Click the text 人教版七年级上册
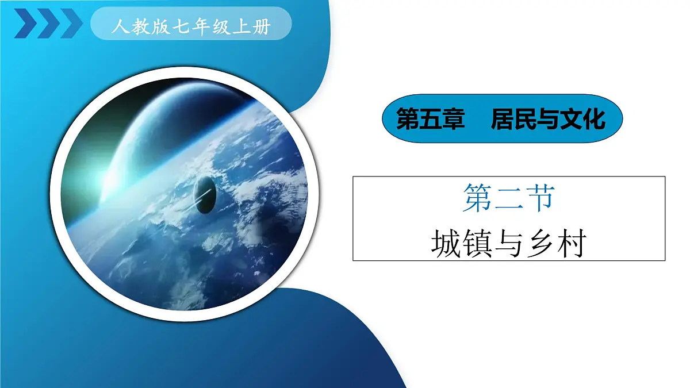pyautogui.click(x=191, y=26)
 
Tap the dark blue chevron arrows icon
pyautogui.click(x=48, y=24)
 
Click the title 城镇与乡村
pyautogui.click(x=508, y=243)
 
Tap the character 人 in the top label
pyautogui.click(x=119, y=26)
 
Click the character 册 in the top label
pyautogui.click(x=262, y=26)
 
